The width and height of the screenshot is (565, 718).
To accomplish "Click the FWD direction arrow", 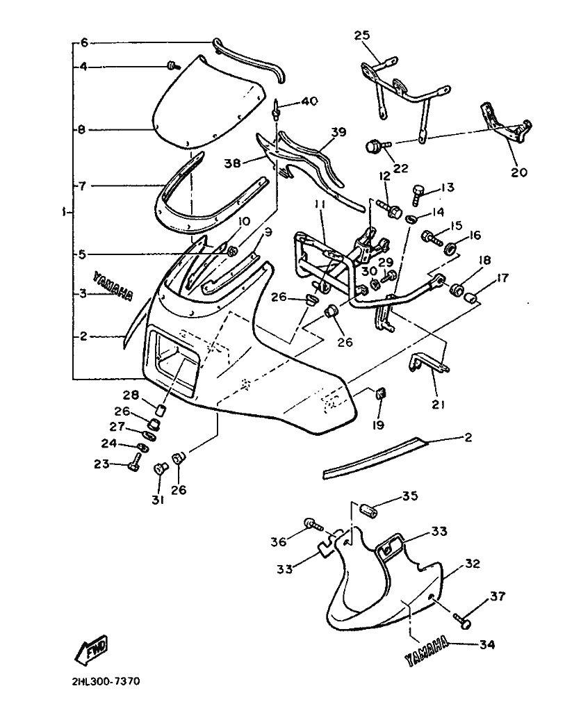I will (91, 651).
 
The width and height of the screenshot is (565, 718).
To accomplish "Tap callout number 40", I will (309, 102).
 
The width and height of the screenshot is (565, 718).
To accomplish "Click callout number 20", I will (519, 172).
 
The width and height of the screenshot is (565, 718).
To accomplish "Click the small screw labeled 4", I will (172, 65).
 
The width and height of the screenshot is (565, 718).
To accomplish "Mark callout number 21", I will (439, 404).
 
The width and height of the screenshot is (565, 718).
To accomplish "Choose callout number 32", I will (473, 564).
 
